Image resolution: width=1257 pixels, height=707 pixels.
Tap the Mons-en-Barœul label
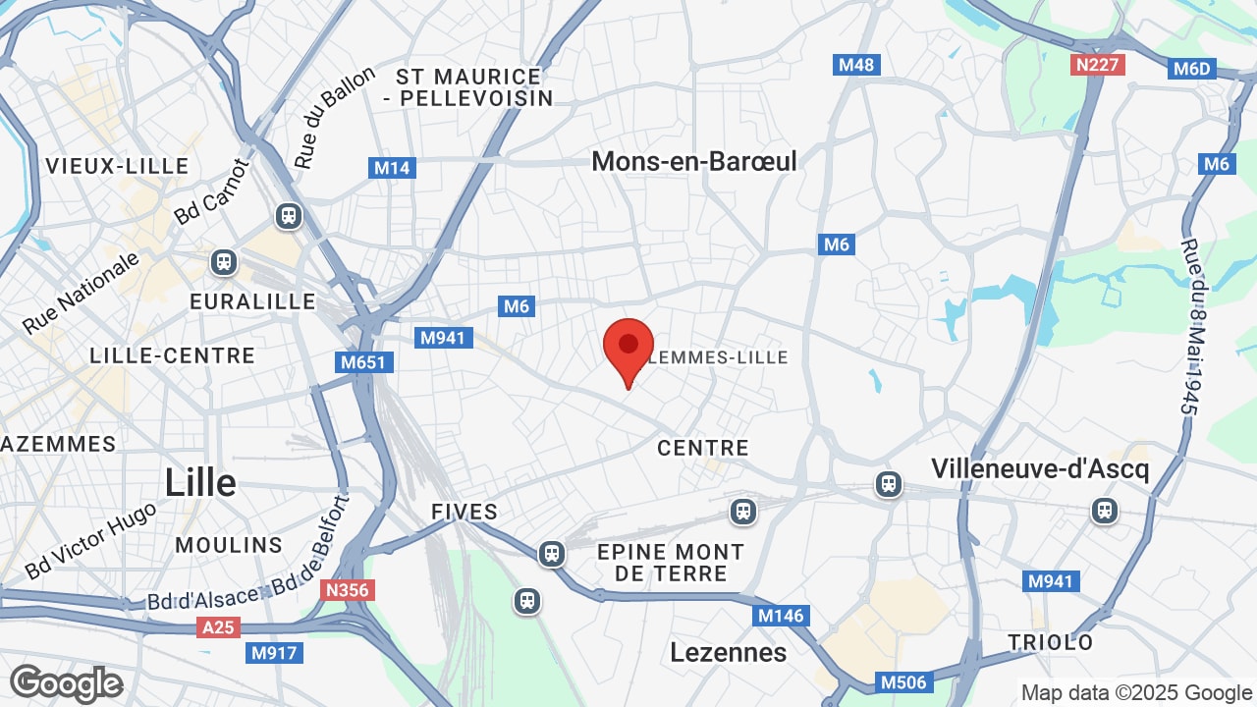point(694,161)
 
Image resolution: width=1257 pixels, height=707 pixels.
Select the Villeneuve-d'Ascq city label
point(1040,468)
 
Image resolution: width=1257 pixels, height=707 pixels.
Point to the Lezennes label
point(728,652)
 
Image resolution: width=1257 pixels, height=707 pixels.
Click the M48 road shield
point(857,65)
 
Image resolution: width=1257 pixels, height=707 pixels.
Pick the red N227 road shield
point(1097,65)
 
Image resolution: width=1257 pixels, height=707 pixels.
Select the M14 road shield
point(392,168)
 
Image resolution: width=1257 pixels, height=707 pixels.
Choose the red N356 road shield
point(347,590)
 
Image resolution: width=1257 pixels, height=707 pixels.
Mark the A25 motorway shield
point(218,626)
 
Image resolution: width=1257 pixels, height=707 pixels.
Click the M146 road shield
point(781,616)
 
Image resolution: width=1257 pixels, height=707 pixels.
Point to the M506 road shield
point(902,682)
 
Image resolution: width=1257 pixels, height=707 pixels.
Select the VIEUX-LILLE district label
point(117,166)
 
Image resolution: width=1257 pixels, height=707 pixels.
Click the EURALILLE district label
point(252,301)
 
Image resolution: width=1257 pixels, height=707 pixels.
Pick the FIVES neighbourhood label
point(465,512)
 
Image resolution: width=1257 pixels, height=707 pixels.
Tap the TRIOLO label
point(1050,642)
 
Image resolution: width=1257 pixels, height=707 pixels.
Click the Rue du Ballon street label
point(334,118)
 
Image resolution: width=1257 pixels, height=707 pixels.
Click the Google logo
point(66,683)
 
